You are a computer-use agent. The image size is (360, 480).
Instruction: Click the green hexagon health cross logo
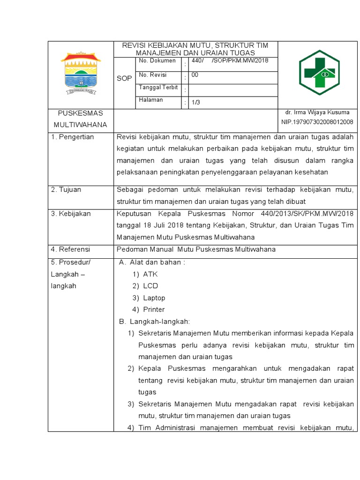[x=319, y=73]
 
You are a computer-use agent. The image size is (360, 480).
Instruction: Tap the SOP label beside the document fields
[x=124, y=78]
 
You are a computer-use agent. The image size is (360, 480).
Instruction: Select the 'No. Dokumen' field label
[x=157, y=61]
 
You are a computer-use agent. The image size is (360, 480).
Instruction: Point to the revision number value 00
[x=195, y=75]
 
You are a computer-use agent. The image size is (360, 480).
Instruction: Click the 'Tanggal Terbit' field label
[x=158, y=88]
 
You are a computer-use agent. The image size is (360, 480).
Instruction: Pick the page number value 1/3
[x=195, y=103]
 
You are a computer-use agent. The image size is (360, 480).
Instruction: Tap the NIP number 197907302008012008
[x=317, y=122]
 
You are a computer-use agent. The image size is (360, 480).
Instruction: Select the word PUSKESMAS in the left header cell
[x=80, y=113]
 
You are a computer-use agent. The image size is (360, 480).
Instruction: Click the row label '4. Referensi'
[x=70, y=249]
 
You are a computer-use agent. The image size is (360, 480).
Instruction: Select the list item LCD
[x=150, y=286]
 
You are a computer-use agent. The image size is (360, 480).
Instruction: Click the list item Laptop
[x=154, y=298]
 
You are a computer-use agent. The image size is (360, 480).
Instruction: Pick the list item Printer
[x=154, y=309]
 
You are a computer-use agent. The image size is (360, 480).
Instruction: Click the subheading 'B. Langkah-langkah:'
[x=154, y=322]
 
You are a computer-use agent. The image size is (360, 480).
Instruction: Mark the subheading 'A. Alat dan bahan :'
[x=152, y=262]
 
